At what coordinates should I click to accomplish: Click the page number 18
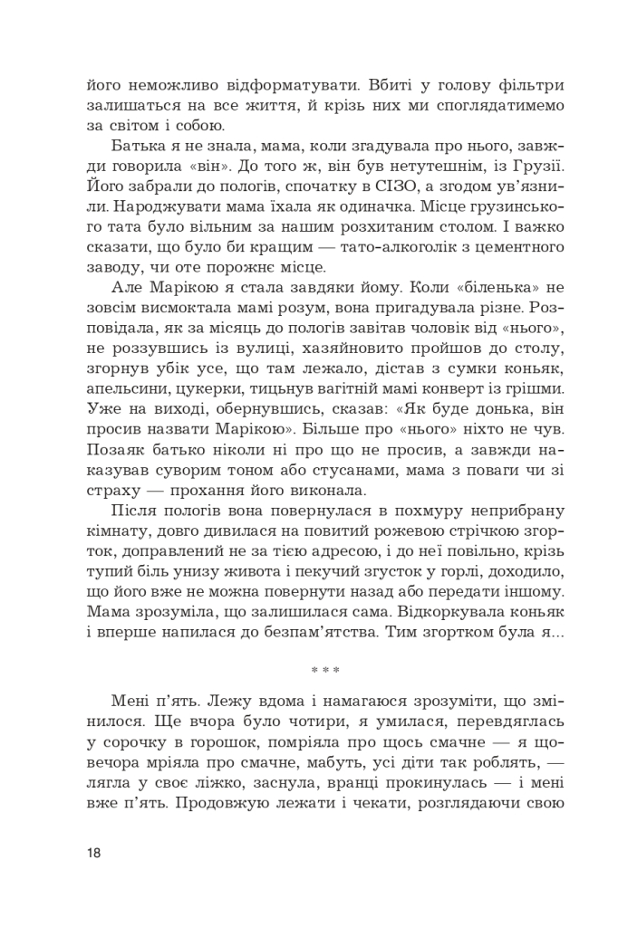95,854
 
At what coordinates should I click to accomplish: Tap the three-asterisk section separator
325,671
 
